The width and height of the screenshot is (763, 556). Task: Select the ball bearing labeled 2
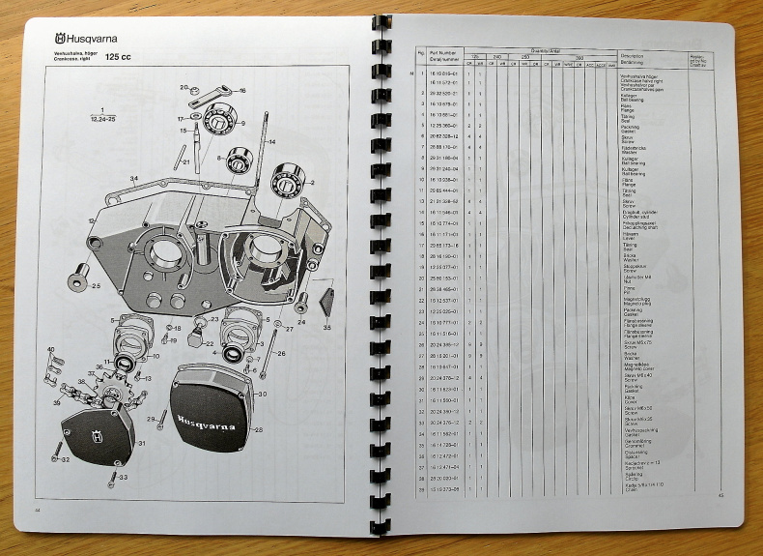288,180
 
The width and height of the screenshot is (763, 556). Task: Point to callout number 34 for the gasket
133,179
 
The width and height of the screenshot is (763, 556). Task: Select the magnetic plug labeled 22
203,337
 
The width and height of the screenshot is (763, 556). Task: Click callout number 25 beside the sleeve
95,286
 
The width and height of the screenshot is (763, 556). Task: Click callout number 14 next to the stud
271,142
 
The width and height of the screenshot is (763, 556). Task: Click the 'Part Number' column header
443,54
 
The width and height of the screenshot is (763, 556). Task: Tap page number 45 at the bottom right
721,496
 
